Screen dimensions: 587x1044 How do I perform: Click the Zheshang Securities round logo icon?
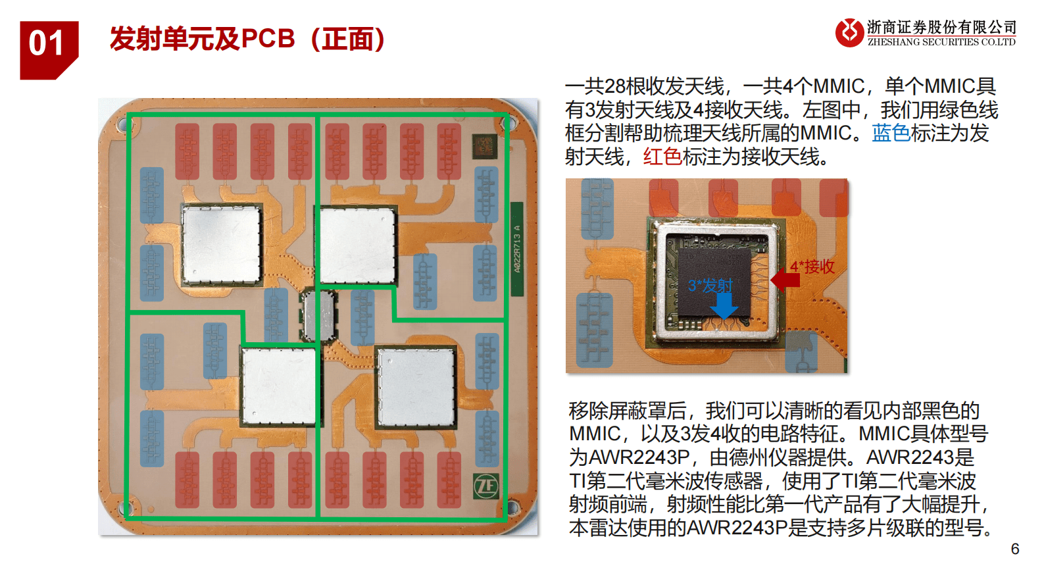point(849,33)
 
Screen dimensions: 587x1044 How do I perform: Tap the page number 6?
point(1015,549)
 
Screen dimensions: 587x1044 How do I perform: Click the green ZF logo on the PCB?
point(486,486)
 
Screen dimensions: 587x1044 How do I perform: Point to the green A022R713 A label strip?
point(517,249)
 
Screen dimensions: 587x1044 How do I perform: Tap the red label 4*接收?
point(812,266)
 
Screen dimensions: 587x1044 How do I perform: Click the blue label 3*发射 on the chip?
point(710,286)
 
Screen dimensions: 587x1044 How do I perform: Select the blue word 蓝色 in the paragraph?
point(891,133)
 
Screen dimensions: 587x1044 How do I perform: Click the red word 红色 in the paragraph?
point(662,157)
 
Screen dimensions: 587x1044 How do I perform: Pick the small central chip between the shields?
point(318,316)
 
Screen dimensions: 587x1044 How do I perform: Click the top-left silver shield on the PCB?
point(222,244)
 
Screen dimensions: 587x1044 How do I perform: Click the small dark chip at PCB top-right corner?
point(484,145)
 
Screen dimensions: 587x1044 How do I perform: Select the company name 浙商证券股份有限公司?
point(941,27)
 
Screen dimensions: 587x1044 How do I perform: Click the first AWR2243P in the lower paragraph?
point(639,457)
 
